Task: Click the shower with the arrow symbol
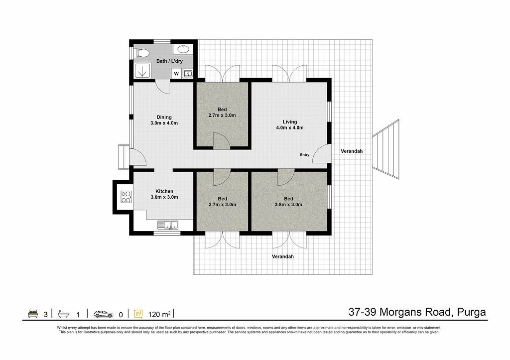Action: click(142, 70)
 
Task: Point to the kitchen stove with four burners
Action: click(126, 197)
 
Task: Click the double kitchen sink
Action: click(168, 225)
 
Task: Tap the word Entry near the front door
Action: click(304, 155)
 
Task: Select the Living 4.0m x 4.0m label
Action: click(290, 124)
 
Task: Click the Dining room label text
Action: click(164, 120)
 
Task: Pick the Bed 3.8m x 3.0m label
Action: click(288, 201)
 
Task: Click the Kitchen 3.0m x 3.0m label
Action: click(164, 194)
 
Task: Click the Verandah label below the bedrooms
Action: click(282, 257)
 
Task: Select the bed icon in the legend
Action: click(33, 314)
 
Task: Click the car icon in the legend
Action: click(103, 314)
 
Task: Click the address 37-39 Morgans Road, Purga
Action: click(417, 312)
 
